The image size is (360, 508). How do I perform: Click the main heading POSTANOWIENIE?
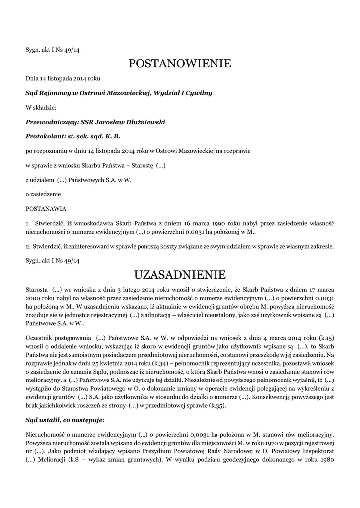click(180, 63)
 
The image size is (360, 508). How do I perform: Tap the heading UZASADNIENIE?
click(180, 274)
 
